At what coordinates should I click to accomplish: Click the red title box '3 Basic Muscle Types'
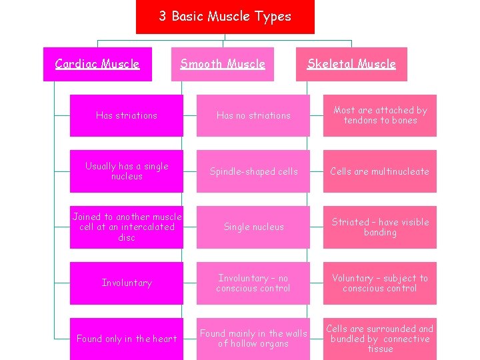click(x=225, y=17)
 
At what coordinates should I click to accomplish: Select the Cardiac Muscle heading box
click(x=97, y=64)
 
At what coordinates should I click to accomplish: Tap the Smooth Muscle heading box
click(x=223, y=64)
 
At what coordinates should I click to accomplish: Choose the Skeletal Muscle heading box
click(x=351, y=64)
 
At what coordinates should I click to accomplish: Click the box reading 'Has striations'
click(x=127, y=115)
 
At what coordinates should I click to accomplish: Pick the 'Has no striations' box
click(x=253, y=115)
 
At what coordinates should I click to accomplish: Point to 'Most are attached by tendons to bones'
click(x=380, y=115)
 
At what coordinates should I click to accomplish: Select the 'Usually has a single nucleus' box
click(x=127, y=171)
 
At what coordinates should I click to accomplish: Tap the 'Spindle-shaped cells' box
click(x=253, y=171)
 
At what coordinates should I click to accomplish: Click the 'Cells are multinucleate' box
click(x=380, y=171)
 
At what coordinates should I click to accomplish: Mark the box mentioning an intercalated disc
click(x=127, y=227)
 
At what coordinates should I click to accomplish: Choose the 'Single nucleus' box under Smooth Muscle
click(x=253, y=227)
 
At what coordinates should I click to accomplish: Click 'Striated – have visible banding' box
click(x=380, y=227)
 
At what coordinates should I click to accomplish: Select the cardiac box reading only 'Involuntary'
click(x=127, y=283)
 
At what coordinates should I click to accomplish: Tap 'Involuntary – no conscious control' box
click(x=253, y=283)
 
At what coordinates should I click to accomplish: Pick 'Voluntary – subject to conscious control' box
click(x=380, y=283)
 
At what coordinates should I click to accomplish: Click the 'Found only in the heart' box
click(x=127, y=339)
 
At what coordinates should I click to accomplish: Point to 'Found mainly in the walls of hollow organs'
click(x=253, y=339)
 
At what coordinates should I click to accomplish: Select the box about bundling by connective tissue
click(x=380, y=339)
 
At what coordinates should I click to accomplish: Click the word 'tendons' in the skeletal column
click(x=360, y=121)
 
